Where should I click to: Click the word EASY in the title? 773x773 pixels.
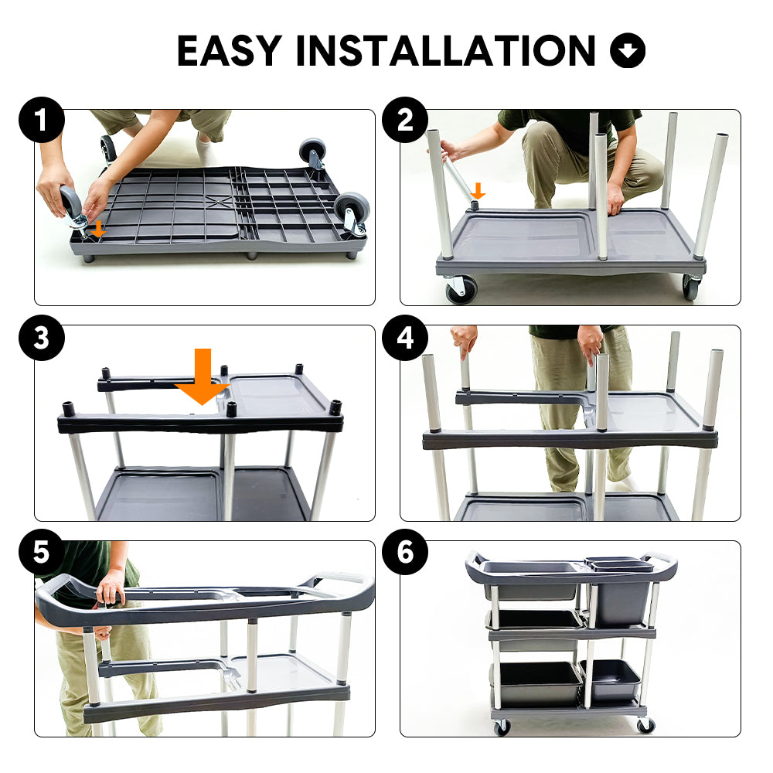[x=230, y=50]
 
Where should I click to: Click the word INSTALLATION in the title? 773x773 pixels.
[x=446, y=50]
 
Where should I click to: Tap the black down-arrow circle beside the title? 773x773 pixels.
[x=628, y=50]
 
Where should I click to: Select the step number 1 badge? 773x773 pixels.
[x=42, y=120]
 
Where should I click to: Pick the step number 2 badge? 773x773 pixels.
[x=405, y=120]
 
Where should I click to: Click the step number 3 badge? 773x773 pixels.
[x=42, y=338]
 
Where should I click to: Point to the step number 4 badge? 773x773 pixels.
[x=405, y=338]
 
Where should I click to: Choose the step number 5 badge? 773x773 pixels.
[x=42, y=552]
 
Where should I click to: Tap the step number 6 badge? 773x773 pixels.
[x=405, y=552]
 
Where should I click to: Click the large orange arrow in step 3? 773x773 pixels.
[x=203, y=376]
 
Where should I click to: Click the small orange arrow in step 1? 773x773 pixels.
[x=99, y=229]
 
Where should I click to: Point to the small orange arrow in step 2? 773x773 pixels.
[x=477, y=191]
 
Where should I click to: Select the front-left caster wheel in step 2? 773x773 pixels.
[x=461, y=289]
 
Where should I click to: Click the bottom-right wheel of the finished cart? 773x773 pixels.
[x=645, y=725]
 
